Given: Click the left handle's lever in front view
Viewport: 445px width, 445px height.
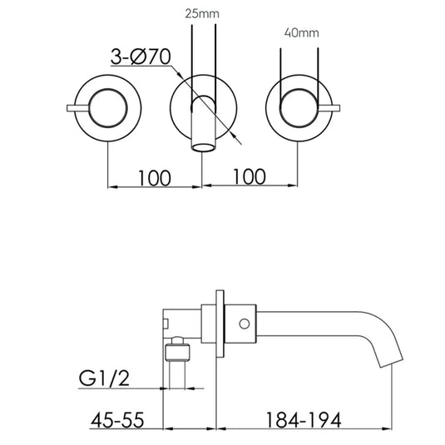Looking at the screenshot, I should [77, 108].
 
